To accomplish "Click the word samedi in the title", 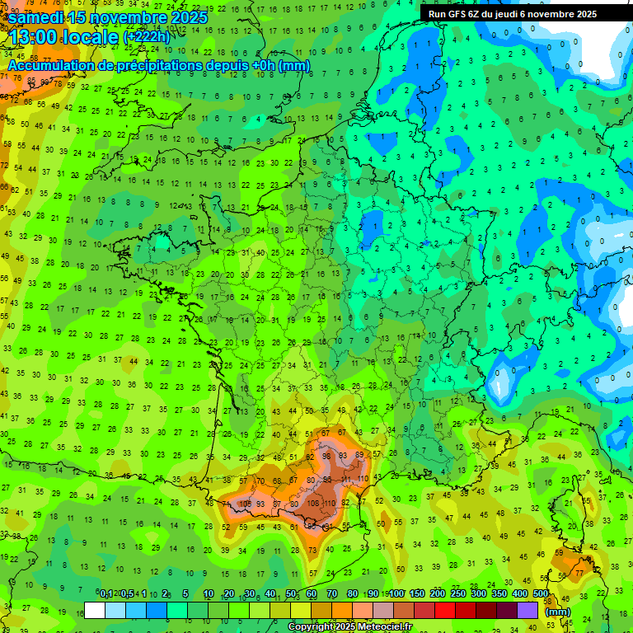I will point(39,18).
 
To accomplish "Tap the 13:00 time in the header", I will point(37,37).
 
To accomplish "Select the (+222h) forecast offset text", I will point(146,37).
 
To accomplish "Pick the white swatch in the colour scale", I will point(95,611).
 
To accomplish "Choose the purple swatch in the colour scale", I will point(528,611).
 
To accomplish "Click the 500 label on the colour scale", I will point(541,594).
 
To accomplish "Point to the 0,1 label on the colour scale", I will point(106,594).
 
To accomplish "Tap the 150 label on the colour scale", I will point(417,594).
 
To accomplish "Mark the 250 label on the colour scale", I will point(458,594).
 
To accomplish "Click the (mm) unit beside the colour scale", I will point(558,612).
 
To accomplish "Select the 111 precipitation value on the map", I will point(345,479).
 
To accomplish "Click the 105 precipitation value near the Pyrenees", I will point(246,503).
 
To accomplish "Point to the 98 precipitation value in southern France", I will point(327,455).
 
